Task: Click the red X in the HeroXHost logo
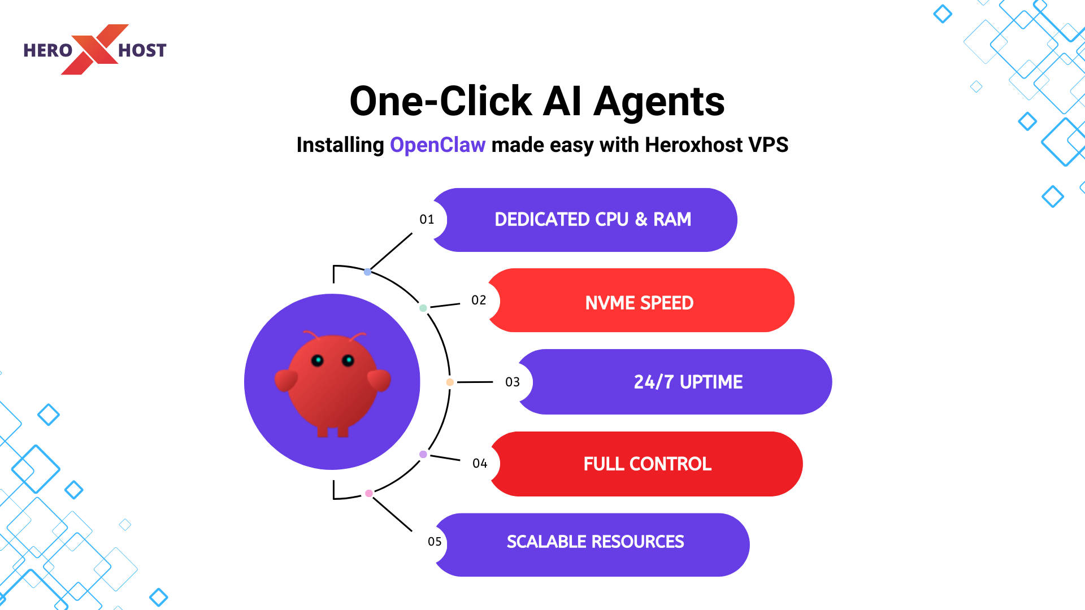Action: [x=94, y=50]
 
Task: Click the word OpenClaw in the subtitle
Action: [x=437, y=145]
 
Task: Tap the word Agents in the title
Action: [x=659, y=102]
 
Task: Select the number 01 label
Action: [x=427, y=219]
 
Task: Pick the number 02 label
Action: [x=479, y=300]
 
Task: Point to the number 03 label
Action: [x=513, y=382]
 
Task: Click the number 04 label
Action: [x=480, y=463]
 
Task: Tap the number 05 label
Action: [x=435, y=542]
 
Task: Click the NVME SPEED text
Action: [x=639, y=303]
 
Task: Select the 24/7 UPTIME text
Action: [x=688, y=382]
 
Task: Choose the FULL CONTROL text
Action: [x=647, y=464]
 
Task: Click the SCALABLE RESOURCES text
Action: [x=595, y=542]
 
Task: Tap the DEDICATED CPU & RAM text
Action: [x=593, y=219]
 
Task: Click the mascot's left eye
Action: [x=318, y=360]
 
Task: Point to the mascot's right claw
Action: [x=379, y=380]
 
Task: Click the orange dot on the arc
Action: [x=450, y=382]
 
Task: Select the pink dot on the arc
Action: [x=369, y=493]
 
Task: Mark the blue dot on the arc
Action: [x=368, y=272]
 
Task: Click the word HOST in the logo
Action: [x=142, y=51]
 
